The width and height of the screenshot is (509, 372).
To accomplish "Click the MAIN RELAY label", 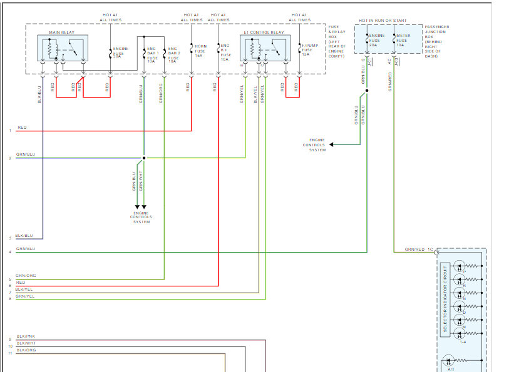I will pos(59,32).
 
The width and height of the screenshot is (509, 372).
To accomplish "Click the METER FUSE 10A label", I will pos(403,40).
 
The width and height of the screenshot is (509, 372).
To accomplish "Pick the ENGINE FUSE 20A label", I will pos(376,40).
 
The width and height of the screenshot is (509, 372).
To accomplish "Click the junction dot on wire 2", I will pos(144,158).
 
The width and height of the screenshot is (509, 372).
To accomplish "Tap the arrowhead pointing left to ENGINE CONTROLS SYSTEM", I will pos(332,145).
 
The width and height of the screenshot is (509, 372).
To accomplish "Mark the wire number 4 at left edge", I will pos(10,253).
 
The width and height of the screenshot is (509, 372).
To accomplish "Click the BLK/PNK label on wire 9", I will pos(26,336).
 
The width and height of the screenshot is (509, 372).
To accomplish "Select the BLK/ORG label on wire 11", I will pos(26,350).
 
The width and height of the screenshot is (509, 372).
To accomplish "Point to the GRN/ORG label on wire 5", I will pos(26,276).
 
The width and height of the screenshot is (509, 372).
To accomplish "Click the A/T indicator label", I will pos(451,369).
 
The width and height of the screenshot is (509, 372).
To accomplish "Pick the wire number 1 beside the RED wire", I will pos(10,131).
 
